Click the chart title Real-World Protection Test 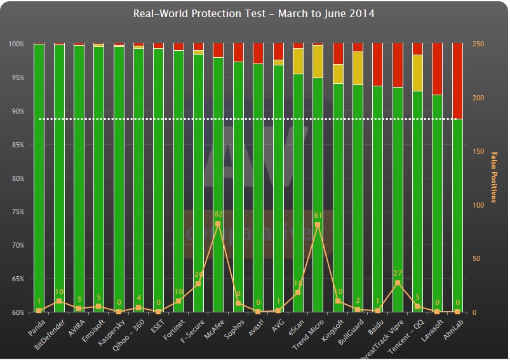point(254,13)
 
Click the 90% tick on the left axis point(16,111)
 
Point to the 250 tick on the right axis point(479,44)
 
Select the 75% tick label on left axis point(16,212)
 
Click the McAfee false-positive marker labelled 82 point(218,224)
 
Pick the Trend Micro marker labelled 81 point(318,225)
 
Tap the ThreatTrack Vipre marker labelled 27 point(398,283)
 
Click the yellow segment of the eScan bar point(298,61)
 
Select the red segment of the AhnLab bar point(457,81)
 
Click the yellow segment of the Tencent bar point(417,73)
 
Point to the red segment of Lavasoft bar point(438,69)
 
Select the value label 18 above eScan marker point(297,283)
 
